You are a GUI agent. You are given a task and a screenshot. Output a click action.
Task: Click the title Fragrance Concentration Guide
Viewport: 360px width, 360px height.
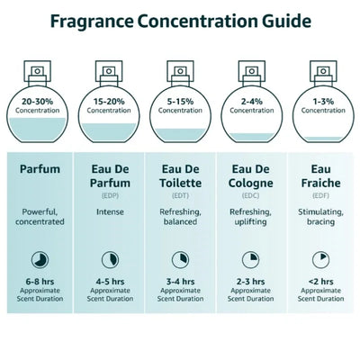coord(180,21)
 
